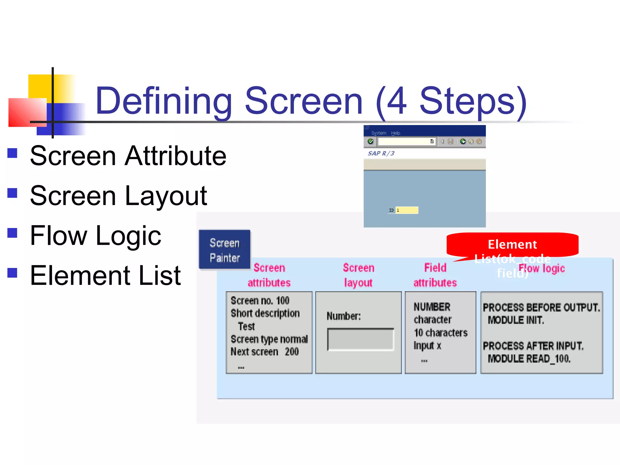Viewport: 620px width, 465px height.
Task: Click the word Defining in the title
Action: coord(163,101)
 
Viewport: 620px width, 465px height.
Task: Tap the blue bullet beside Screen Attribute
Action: coord(12,153)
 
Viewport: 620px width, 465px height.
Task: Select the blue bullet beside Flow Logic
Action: coord(12,233)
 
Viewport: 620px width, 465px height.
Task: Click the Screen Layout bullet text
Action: coord(118,196)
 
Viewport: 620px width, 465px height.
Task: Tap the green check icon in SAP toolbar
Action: coord(371,141)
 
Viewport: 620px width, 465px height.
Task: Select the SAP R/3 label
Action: coord(381,153)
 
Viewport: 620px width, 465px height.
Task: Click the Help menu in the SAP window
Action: coord(395,133)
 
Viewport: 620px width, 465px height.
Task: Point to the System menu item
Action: coord(378,133)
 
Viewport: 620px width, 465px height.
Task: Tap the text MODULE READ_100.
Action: coord(529,359)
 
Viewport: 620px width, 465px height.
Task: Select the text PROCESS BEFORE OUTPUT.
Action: coord(541,308)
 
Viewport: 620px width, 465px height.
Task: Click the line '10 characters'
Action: coord(440,333)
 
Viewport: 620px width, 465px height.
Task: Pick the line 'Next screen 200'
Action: coord(265,352)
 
